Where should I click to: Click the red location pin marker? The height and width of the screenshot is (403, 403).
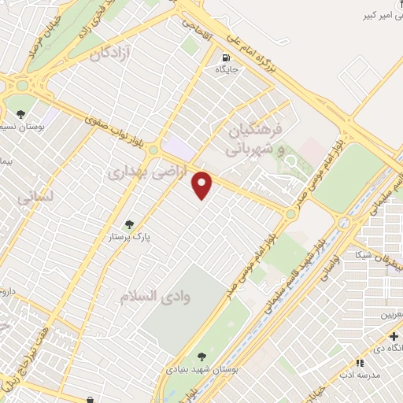(203, 185)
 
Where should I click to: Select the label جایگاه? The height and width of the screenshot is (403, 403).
(227, 69)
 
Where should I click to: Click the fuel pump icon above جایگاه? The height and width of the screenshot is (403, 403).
(227, 57)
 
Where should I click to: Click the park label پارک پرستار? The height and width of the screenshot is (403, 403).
(129, 235)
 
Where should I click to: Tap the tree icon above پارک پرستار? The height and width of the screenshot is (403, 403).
(129, 223)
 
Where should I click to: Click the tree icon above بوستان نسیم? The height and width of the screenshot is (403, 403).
(20, 115)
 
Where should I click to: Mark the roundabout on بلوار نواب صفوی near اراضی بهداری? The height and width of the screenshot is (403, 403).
(153, 149)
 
